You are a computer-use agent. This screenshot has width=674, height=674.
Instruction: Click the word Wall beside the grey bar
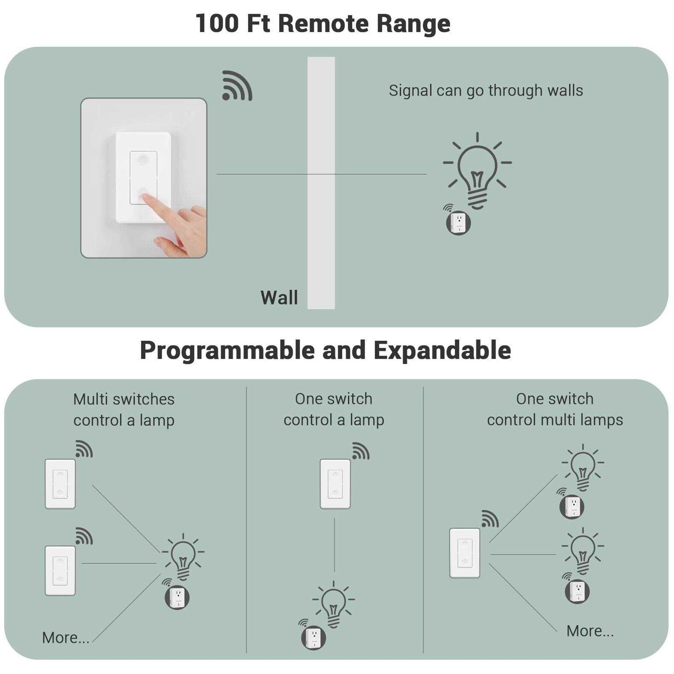[x=279, y=297]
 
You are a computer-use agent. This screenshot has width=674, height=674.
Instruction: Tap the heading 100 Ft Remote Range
[x=323, y=23]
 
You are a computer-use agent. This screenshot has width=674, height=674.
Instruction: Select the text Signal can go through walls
[x=486, y=90]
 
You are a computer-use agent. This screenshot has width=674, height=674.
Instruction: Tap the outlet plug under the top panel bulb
[x=458, y=222]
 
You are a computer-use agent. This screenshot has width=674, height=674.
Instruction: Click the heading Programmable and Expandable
[x=325, y=350]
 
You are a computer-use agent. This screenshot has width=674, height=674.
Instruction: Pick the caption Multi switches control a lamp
[x=124, y=409]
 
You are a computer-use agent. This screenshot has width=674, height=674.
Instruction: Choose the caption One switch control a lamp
[x=334, y=409]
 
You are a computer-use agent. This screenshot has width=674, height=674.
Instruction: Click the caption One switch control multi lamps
[x=555, y=409]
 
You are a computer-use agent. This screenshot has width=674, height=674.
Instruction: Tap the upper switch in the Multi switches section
[x=60, y=483]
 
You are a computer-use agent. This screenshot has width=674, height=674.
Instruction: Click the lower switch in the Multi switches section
[x=60, y=571]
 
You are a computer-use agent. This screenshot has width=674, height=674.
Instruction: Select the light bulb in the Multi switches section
[x=183, y=556]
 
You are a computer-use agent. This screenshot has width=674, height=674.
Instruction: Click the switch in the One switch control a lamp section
[x=335, y=483]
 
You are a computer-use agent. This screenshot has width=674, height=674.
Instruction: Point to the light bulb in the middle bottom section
[x=333, y=604]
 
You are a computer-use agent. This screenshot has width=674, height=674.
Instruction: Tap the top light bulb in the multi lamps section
[x=583, y=467]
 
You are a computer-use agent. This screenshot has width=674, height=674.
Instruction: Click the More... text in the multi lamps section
[x=590, y=631]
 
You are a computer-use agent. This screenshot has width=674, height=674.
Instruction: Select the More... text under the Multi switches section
[x=66, y=638]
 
